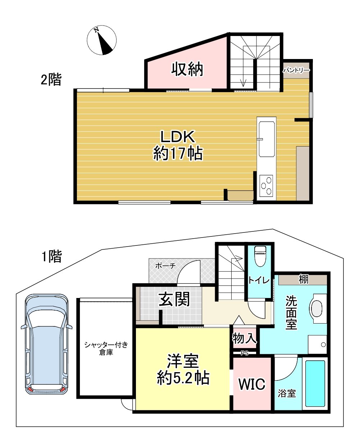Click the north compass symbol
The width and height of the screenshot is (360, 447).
101,40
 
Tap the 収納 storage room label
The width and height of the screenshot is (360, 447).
187,69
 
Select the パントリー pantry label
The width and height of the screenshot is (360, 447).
296,71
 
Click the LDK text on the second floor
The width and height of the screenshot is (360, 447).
178,136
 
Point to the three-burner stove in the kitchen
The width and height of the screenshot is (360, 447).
266,185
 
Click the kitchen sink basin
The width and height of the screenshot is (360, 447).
267,139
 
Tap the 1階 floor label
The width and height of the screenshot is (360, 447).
52,256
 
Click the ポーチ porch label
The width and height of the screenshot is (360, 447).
165,266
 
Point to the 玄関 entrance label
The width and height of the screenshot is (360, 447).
174,299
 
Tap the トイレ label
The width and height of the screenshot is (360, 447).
259,281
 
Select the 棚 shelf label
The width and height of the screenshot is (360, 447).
304,279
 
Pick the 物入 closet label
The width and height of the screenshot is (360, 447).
244,338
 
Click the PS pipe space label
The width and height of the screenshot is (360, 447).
245,353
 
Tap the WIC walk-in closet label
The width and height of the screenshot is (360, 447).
252,384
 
